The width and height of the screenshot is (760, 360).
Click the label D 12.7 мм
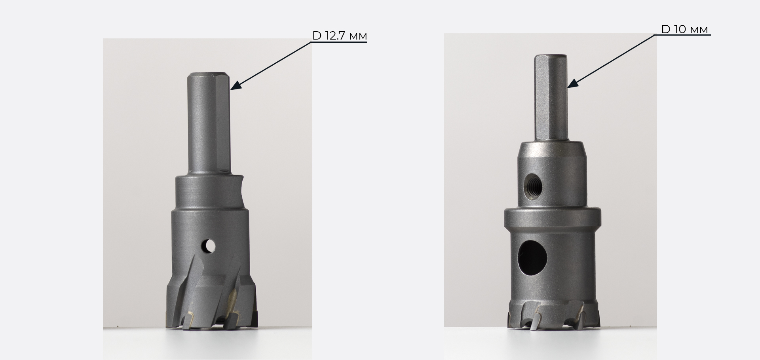[340, 36]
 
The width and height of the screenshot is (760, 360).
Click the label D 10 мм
[684, 29]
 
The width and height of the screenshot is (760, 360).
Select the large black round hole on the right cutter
[533, 258]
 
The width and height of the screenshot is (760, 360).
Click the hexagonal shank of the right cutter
[551, 97]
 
